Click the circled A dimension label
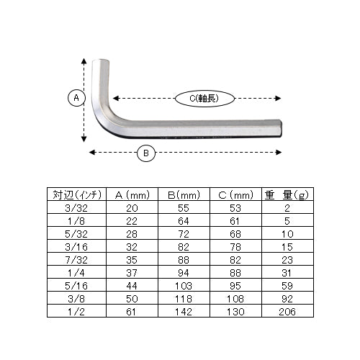(x=76, y=98)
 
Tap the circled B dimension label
(x=146, y=153)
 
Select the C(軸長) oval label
(x=204, y=99)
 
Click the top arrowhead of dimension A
(x=84, y=61)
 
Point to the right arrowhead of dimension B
(x=279, y=153)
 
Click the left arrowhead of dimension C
(x=116, y=98)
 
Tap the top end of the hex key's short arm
(x=101, y=61)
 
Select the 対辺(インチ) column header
(x=77, y=194)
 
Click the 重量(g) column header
(x=287, y=195)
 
